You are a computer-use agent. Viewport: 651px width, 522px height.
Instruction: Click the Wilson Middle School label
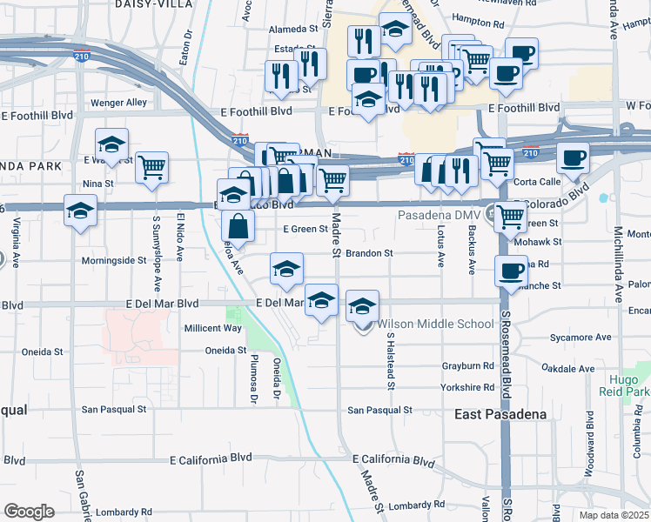pos(435,325)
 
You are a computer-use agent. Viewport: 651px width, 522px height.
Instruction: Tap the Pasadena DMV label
pos(440,215)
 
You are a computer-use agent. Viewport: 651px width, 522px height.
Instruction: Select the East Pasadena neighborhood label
pos(500,415)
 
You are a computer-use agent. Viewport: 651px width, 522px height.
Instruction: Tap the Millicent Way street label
pos(212,328)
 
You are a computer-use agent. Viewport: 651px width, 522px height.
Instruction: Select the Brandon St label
pos(370,254)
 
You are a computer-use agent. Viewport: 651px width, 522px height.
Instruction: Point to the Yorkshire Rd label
pos(467,387)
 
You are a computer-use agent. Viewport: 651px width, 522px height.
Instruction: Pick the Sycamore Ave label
pos(577,336)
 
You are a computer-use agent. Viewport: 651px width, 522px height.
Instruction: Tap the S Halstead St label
pos(391,361)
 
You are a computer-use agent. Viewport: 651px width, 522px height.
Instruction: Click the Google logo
pos(29,512)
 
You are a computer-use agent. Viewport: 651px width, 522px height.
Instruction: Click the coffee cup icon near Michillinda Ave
pos(573,157)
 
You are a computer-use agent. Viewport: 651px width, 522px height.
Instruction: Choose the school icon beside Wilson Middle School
pos(363,305)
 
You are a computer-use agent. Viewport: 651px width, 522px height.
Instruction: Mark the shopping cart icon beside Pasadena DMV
pos(510,217)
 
